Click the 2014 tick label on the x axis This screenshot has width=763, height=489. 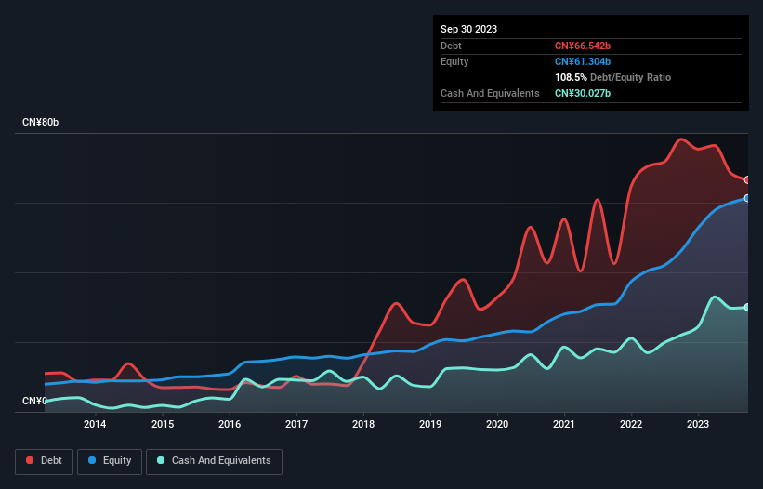click(95, 424)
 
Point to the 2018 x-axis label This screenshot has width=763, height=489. click(363, 424)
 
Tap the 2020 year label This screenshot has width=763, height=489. click(497, 424)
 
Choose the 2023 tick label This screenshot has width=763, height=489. click(699, 424)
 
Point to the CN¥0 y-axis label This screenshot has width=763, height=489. click(34, 402)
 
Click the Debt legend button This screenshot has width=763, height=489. click(44, 461)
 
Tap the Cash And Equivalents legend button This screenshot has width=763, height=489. click(214, 461)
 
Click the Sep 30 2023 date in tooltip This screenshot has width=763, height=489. click(468, 29)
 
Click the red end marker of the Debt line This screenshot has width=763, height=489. click(747, 180)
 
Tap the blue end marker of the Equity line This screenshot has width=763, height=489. click(747, 198)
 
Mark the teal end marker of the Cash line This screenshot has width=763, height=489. click(747, 307)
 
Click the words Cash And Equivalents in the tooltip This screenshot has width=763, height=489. click(490, 93)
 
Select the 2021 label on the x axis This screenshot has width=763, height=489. click(564, 424)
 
